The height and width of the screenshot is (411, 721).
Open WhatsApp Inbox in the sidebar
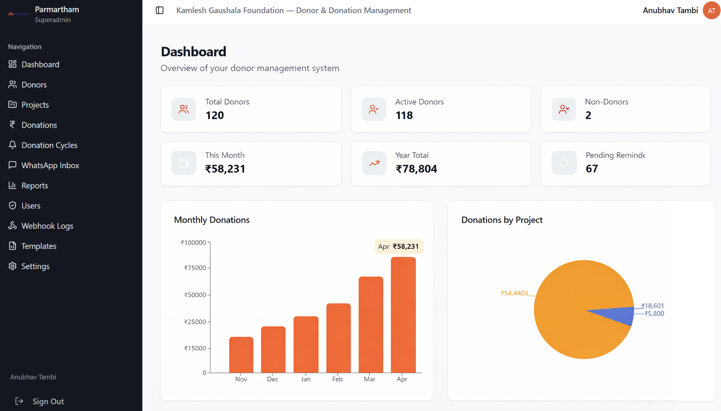click(50, 165)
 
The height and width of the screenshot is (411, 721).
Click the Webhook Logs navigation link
click(47, 226)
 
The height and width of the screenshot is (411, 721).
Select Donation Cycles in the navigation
click(49, 145)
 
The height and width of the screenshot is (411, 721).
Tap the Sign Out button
click(48, 401)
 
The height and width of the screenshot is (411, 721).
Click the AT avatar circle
click(711, 11)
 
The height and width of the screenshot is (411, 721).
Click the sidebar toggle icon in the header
click(160, 11)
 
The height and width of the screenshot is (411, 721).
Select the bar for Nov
click(241, 355)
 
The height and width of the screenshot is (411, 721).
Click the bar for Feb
click(338, 338)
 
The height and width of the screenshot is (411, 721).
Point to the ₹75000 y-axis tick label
click(195, 268)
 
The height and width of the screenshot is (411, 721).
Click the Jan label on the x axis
click(306, 379)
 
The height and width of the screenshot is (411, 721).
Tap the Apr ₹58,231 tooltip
click(399, 247)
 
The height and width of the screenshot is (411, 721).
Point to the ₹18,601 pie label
click(653, 306)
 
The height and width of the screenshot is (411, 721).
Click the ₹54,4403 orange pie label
click(514, 293)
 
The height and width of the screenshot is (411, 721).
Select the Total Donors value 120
click(214, 115)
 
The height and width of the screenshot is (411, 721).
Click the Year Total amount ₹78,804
click(416, 169)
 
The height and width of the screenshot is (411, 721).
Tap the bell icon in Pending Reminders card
click(564, 163)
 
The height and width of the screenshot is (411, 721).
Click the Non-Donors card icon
click(564, 109)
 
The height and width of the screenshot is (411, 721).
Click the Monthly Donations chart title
click(211, 220)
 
